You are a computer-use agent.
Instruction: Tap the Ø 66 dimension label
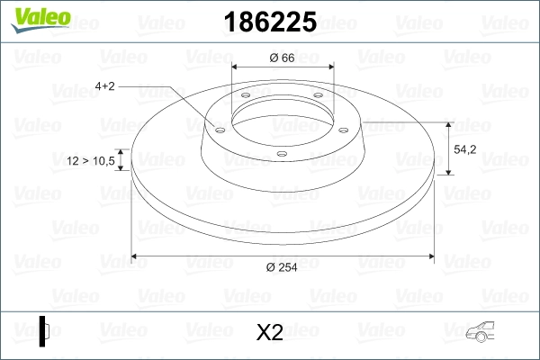283,58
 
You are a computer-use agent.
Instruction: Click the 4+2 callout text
104,86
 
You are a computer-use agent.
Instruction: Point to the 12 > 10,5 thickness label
91,161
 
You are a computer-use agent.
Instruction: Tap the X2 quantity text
269,334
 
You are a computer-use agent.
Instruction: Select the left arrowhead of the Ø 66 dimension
237,67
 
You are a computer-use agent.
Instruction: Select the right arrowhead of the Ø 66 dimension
329,67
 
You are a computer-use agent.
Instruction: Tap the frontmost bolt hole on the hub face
281,154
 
